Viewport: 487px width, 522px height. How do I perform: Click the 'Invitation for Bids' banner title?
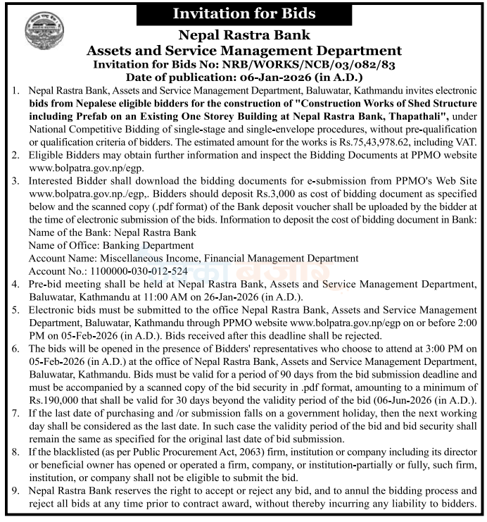click(243, 13)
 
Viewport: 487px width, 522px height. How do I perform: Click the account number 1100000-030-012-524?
click(108, 271)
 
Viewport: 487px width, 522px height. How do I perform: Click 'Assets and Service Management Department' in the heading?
click(243, 50)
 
